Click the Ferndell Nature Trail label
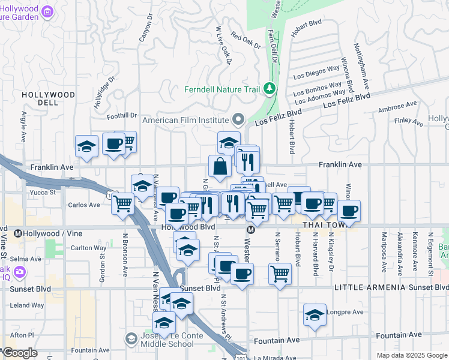pyautogui.click(x=222, y=90)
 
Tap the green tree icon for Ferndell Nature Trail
pyautogui.click(x=270, y=89)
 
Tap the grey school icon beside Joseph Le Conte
pyautogui.click(x=130, y=340)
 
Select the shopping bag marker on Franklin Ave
pyautogui.click(x=220, y=166)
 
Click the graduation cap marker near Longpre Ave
pyautogui.click(x=315, y=315)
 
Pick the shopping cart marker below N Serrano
pyautogui.click(x=280, y=274)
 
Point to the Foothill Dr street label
pyautogui.click(x=122, y=116)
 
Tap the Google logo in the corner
pyautogui.click(x=20, y=353)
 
